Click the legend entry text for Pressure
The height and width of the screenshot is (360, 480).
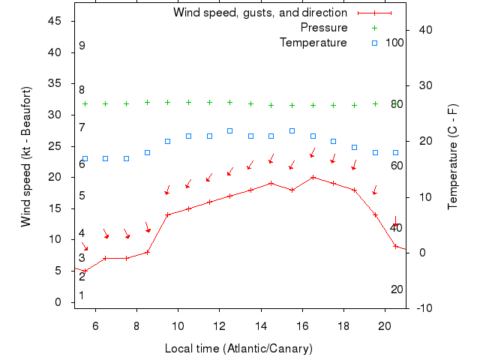coord(324,28)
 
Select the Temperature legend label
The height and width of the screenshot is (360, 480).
coord(313,43)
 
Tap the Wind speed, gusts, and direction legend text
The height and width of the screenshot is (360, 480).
coord(259,13)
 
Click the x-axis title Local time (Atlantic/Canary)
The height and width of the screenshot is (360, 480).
coord(238,349)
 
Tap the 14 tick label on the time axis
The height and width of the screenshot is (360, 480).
coord(261,325)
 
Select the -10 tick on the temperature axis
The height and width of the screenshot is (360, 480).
coord(422,307)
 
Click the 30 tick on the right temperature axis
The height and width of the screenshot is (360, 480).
coord(422,85)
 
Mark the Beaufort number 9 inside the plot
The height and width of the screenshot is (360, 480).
coord(82,46)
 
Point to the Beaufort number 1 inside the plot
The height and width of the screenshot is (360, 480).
coord(82,295)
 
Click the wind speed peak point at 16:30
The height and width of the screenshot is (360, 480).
coord(313,177)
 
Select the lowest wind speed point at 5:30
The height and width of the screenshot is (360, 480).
coord(85,271)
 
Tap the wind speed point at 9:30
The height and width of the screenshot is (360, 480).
coord(168,214)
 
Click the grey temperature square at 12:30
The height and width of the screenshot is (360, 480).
coord(229,130)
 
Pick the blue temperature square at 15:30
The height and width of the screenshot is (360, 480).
coord(292,130)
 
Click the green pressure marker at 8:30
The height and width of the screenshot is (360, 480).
coord(147,103)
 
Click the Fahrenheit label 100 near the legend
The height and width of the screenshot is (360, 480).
coord(394,43)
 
